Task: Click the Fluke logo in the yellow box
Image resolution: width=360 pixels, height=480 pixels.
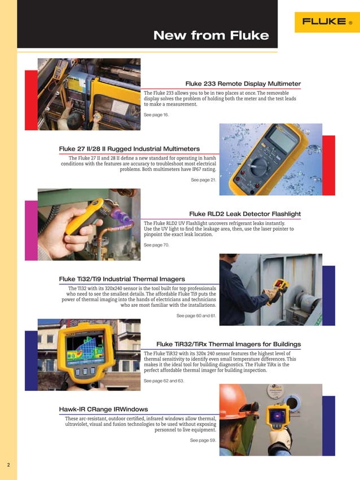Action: coord(327,22)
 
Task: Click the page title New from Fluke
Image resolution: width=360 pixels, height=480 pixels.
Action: coord(211,36)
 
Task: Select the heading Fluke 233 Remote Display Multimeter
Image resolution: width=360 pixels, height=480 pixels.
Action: coord(243,83)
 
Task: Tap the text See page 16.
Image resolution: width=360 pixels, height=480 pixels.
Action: coord(156,115)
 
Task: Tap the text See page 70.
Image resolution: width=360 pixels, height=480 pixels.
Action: coord(156,245)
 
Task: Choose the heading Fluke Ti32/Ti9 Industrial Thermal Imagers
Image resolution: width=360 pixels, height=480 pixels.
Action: coord(122,279)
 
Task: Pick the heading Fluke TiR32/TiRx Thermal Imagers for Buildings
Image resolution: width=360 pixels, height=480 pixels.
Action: coord(228,344)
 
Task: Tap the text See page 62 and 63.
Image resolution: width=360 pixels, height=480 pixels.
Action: coord(164,381)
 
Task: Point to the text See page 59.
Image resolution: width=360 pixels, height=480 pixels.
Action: coord(203,439)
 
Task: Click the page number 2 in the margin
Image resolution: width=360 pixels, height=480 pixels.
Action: coord(8,465)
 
